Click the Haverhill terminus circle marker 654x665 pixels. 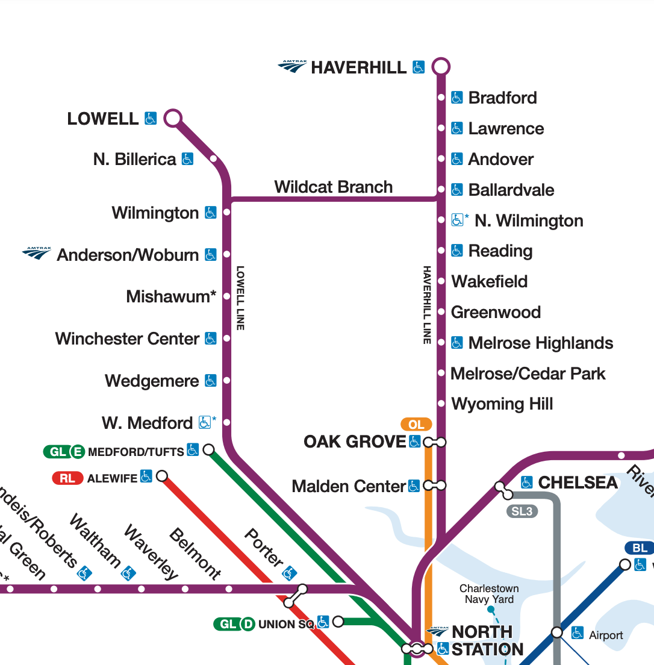(x=441, y=66)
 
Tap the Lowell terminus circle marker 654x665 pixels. (x=173, y=118)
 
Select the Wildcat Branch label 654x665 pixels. (x=333, y=187)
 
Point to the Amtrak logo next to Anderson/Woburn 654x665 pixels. (x=37, y=254)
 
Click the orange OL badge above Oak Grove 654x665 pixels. (x=416, y=425)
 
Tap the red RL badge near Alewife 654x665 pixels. (x=67, y=479)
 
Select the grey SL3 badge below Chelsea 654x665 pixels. (x=522, y=512)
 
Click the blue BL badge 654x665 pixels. (x=640, y=548)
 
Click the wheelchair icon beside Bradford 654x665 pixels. (x=457, y=98)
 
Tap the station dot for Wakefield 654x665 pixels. (x=441, y=281)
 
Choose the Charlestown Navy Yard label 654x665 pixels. (x=489, y=593)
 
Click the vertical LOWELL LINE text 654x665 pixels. (x=240, y=298)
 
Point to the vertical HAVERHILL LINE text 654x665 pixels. (x=427, y=305)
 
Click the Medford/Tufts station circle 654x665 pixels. (x=209, y=449)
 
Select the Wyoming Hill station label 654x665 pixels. (x=502, y=404)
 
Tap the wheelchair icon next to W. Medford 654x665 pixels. (x=205, y=423)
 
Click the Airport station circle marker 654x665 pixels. (x=557, y=632)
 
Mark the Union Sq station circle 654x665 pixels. (x=338, y=621)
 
